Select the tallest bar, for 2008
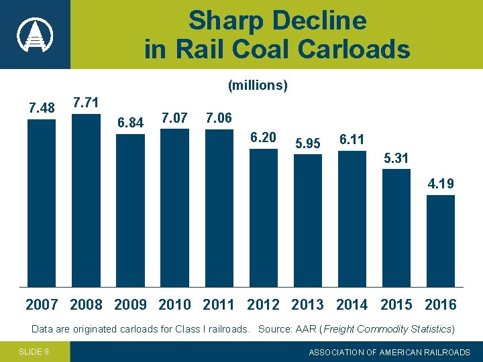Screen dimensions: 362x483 (x=86, y=200)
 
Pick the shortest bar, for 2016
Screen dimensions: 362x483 (x=441, y=241)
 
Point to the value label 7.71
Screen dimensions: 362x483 (x=86, y=103)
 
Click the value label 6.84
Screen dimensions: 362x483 (x=130, y=123)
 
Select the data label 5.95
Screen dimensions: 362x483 (x=308, y=143)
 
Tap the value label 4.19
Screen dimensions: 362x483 (x=441, y=184)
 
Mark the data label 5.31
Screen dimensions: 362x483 (x=396, y=158)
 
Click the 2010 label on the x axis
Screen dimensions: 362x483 (x=174, y=305)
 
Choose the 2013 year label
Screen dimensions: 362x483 (x=307, y=305)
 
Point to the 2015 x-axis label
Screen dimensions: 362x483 (x=396, y=305)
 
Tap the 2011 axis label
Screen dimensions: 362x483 (x=219, y=305)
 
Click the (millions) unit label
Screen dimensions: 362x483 (x=258, y=85)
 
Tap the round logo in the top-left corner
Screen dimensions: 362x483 (x=34, y=34)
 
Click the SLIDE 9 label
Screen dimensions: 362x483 (x=34, y=352)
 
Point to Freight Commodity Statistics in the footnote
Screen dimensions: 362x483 (x=395, y=329)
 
